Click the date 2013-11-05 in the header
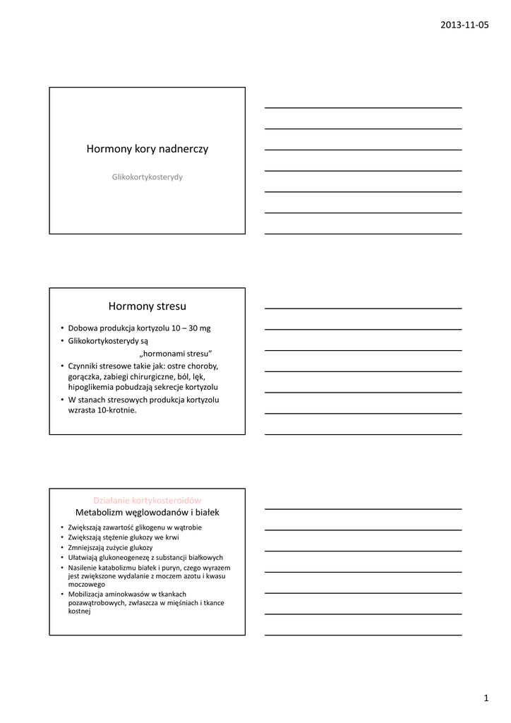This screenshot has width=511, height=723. (x=464, y=25)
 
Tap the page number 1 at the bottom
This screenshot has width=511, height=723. (x=486, y=698)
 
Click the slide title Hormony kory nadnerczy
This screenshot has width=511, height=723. (x=147, y=149)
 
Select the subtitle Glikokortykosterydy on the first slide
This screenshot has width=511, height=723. (x=147, y=177)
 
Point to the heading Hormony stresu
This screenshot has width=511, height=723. (x=148, y=306)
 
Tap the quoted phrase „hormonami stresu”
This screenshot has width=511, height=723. (x=176, y=353)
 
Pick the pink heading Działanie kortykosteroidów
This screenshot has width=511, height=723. (x=148, y=500)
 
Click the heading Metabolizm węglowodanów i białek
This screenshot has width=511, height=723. (x=148, y=512)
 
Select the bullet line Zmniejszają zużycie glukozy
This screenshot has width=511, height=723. (x=110, y=547)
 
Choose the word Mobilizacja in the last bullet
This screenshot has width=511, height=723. (x=88, y=594)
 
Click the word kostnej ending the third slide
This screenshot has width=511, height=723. (x=79, y=611)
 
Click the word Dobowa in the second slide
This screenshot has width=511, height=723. (x=82, y=328)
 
